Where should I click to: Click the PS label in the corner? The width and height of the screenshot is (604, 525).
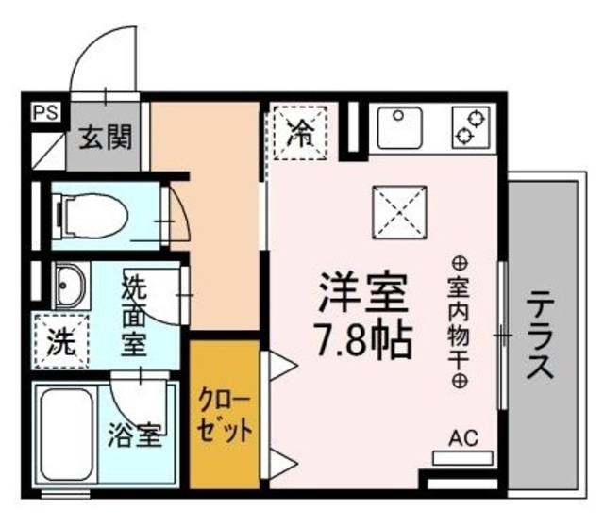44,112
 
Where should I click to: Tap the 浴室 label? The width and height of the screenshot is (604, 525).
134,435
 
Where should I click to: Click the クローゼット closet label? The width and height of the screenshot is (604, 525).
224,416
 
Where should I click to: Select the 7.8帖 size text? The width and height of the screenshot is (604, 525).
364,339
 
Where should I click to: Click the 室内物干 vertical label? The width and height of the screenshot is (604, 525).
460,320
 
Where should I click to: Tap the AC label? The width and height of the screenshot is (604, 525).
462,437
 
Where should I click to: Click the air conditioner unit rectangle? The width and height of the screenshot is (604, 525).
462,457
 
